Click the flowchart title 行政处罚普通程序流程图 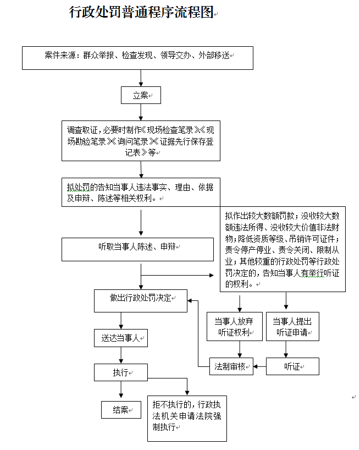tap(141, 12)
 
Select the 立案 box tap(141, 95)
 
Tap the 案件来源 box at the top tap(137, 58)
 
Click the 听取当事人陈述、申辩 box tap(137, 249)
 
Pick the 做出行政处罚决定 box tap(141, 301)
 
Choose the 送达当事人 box tap(121, 338)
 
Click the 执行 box tap(121, 372)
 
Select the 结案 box tap(121, 410)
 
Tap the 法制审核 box tap(231, 366)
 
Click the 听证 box tap(292, 366)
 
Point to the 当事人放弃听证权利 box tap(235, 327)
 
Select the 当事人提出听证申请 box tap(292, 327)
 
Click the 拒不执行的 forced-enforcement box tap(187, 419)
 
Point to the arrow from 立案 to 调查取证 tap(141, 112)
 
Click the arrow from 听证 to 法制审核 tap(259, 366)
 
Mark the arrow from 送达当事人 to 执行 tap(121, 355)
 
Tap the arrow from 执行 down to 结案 tap(121, 389)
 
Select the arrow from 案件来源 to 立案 tap(141, 78)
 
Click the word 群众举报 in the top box tap(98, 55)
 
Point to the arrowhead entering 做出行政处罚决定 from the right tap(189, 301)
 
